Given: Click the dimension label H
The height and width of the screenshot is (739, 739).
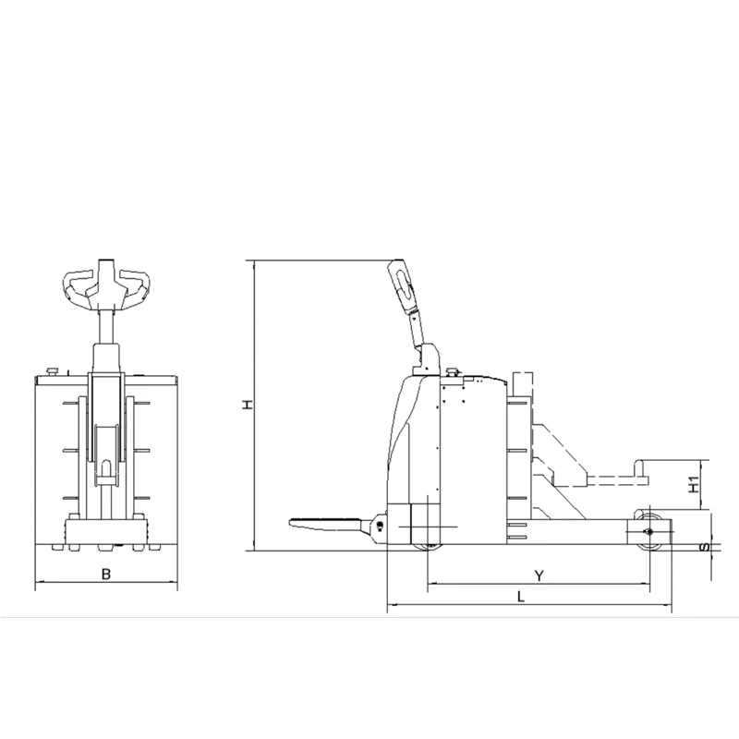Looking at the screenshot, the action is click(x=248, y=405).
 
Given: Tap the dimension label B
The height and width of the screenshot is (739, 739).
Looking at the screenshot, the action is click(x=106, y=574).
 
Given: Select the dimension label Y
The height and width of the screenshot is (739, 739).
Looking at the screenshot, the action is click(x=539, y=575).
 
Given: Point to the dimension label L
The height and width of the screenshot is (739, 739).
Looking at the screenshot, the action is click(x=521, y=597).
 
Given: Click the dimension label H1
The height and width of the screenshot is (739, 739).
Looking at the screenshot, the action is click(x=694, y=484).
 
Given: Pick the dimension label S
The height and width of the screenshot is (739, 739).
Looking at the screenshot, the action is click(x=704, y=547).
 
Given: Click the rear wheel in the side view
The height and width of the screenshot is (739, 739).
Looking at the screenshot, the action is click(x=650, y=530).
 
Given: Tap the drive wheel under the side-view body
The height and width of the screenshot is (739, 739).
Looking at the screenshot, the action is click(x=428, y=547).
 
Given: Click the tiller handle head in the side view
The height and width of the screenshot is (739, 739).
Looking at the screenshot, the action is click(x=402, y=285).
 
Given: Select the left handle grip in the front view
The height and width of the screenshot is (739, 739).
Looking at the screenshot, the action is click(x=76, y=286).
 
